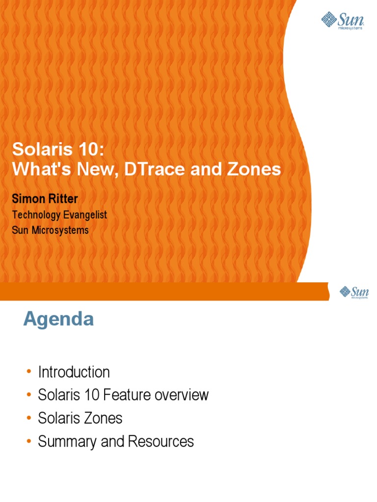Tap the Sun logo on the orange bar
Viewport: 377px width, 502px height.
point(353,293)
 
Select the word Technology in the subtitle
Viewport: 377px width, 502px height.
point(34,215)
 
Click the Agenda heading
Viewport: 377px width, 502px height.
point(58,320)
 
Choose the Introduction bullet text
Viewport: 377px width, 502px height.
point(74,372)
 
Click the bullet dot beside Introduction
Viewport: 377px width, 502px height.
point(29,373)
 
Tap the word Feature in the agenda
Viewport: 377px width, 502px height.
point(130,395)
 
